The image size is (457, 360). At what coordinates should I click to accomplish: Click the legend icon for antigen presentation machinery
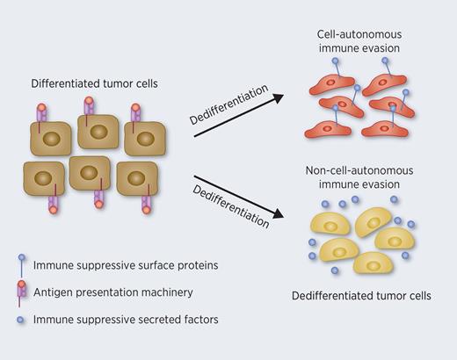tap(20, 291)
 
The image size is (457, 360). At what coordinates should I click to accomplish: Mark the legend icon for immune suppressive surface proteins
tap(20, 264)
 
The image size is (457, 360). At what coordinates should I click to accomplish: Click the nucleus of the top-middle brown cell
tap(98, 133)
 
